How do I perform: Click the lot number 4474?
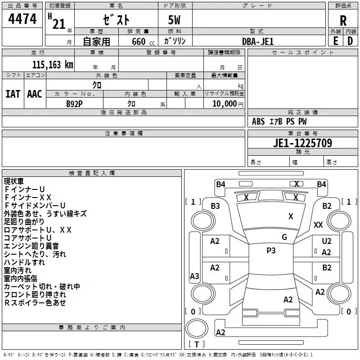tap(23, 19)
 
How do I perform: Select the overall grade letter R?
tap(343, 21)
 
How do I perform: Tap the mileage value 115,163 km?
tap(53, 64)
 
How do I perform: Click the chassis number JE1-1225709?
tap(302, 144)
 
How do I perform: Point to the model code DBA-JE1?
tap(258, 41)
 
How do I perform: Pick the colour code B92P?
tap(74, 103)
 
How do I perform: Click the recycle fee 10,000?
tap(224, 103)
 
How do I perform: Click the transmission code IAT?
tap(13, 94)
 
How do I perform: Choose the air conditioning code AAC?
tap(35, 94)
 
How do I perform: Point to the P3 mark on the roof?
tap(271, 251)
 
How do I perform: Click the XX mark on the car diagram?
tap(318, 225)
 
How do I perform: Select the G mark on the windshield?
tap(284, 237)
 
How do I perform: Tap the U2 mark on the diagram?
tap(327, 242)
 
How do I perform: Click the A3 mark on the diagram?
tap(194, 276)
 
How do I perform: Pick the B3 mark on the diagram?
tap(215, 206)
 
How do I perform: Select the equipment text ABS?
tap(258, 121)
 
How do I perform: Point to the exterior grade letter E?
tap(335, 41)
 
